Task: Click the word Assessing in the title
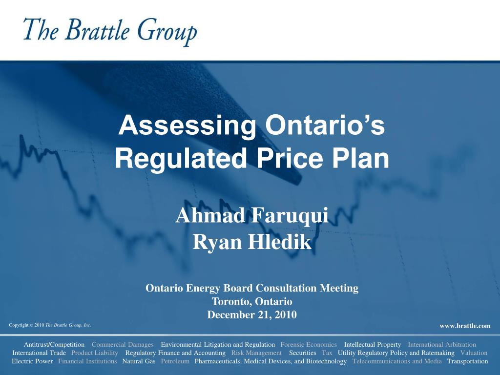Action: click(x=187, y=126)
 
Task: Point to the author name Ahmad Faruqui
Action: click(x=252, y=215)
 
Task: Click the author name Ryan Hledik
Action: click(x=252, y=242)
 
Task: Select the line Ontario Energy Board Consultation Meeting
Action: click(x=252, y=288)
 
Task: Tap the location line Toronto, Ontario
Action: click(x=252, y=301)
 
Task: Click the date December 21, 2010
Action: click(x=252, y=314)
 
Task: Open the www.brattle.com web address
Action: click(x=465, y=326)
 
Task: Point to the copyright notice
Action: click(x=50, y=325)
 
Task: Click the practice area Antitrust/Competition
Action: click(x=54, y=345)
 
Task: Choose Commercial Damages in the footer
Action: click(x=123, y=345)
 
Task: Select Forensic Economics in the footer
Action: click(x=309, y=345)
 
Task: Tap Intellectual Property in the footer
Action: click(x=373, y=345)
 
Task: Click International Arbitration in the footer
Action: click(x=442, y=345)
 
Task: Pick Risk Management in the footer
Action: click(x=256, y=353)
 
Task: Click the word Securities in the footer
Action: click(x=303, y=353)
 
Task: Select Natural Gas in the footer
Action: click(x=139, y=361)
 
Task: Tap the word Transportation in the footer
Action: click(x=467, y=361)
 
